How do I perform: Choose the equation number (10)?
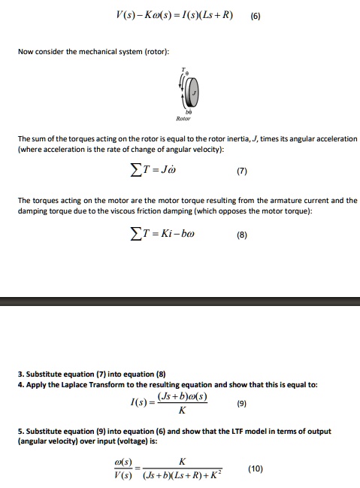click(x=255, y=468)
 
